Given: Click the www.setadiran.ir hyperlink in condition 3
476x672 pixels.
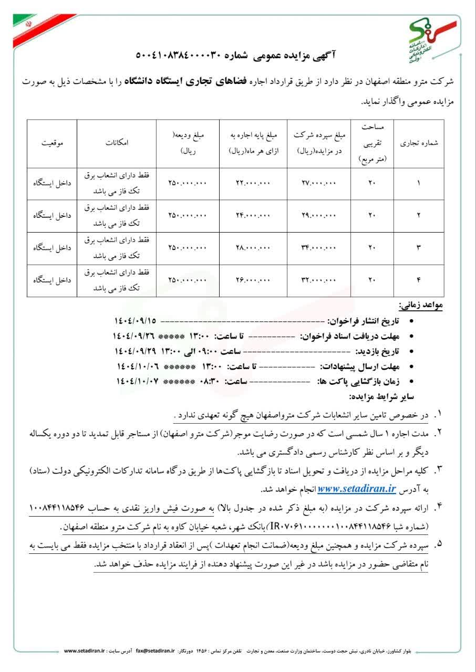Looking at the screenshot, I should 357,488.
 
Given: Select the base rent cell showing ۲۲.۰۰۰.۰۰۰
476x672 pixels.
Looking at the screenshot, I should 252,183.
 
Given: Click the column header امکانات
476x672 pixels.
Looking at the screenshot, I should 117,142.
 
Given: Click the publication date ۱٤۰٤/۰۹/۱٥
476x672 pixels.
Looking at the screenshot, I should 135,320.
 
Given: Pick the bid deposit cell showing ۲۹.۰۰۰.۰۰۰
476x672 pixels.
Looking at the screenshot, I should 318,215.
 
